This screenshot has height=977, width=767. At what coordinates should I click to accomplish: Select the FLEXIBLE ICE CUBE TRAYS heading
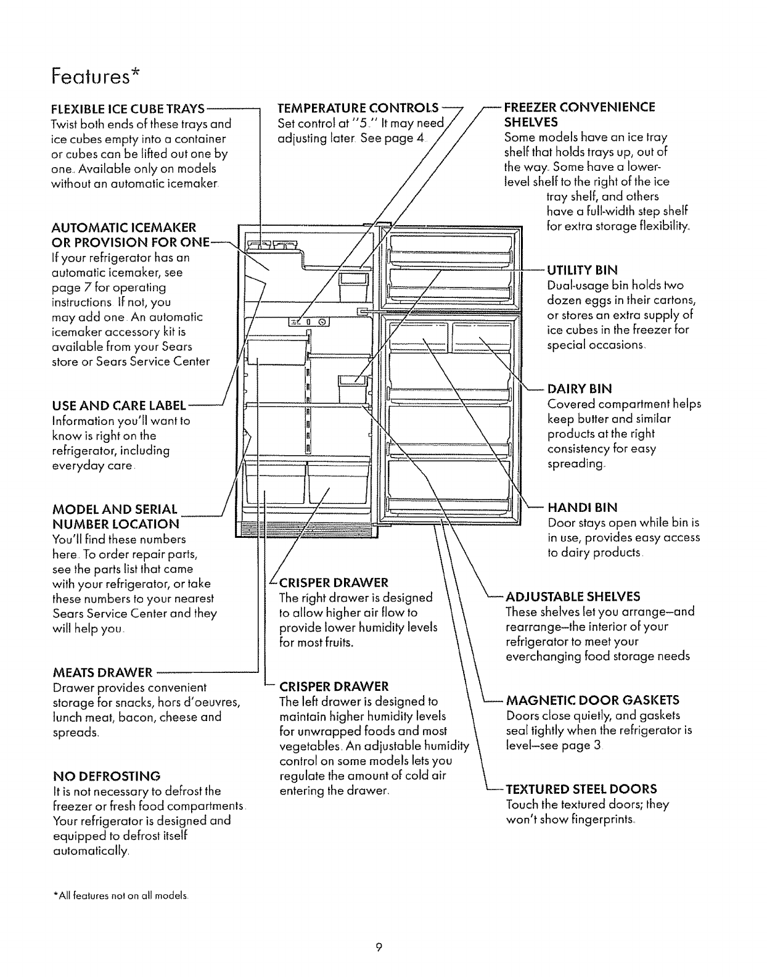(127, 109)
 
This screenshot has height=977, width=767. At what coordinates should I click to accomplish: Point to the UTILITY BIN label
(582, 270)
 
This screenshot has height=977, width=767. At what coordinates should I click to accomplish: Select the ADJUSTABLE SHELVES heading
(573, 596)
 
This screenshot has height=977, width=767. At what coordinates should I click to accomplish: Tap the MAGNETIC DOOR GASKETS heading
(593, 700)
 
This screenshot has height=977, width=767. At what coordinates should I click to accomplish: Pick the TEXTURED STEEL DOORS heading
(581, 789)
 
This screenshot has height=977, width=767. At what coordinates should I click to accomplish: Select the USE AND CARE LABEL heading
(119, 406)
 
